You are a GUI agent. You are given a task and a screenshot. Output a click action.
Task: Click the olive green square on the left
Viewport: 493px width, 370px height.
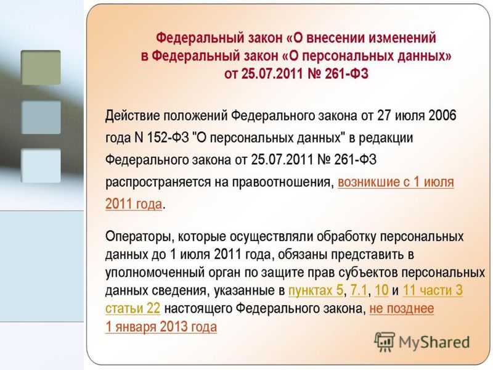point(41,67)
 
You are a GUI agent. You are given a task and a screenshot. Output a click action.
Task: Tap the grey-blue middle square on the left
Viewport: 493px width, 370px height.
point(41,117)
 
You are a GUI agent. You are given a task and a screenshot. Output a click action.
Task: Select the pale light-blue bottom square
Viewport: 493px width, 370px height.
point(41,165)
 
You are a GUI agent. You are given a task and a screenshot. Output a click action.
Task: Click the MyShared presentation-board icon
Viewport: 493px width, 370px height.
point(384,342)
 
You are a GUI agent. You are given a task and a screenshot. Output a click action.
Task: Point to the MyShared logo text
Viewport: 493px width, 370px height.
point(434,342)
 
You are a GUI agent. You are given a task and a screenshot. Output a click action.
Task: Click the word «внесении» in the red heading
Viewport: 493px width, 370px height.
point(335,38)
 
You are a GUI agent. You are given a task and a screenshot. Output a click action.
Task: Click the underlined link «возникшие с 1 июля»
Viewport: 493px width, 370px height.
point(396,183)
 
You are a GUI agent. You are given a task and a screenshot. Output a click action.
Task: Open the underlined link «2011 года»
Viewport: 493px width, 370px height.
point(134,204)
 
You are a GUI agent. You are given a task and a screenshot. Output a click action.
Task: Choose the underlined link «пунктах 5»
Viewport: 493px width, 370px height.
point(316,290)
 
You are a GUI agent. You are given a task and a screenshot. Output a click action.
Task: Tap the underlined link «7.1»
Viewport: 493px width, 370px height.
point(359,290)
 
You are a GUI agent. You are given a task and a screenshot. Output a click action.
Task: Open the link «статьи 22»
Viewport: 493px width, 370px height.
point(132,308)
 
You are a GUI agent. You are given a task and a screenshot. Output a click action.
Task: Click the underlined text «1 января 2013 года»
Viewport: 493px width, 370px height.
point(161,327)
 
